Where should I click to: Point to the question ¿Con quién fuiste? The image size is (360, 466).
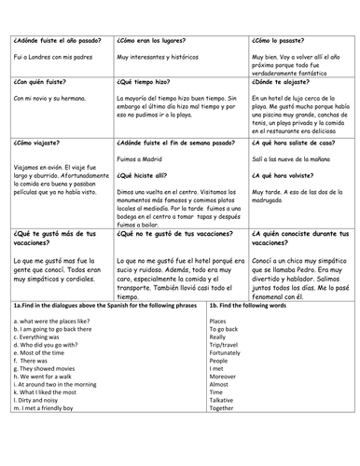click(x=40, y=81)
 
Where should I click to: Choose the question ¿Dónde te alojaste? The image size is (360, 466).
click(x=284, y=81)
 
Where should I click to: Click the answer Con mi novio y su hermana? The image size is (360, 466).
click(x=53, y=98)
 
